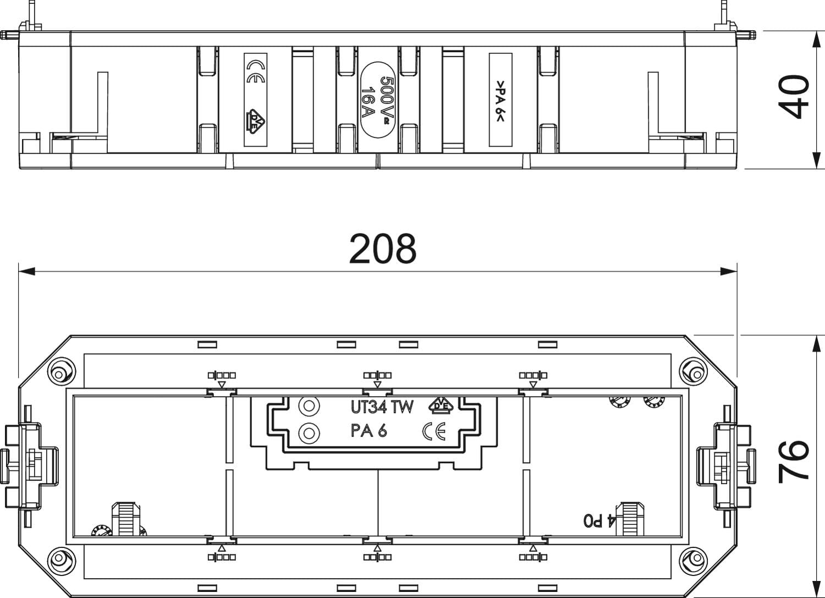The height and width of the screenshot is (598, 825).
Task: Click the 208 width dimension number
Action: click(x=383, y=248)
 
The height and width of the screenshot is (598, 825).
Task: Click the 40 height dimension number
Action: click(x=793, y=97)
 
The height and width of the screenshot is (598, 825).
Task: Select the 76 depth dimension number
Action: click(x=793, y=462)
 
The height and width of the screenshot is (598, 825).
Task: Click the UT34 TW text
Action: click(x=382, y=407)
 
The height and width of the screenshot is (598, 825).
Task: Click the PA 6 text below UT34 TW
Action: click(x=369, y=431)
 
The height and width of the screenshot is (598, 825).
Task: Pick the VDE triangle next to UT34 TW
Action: click(x=441, y=404)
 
